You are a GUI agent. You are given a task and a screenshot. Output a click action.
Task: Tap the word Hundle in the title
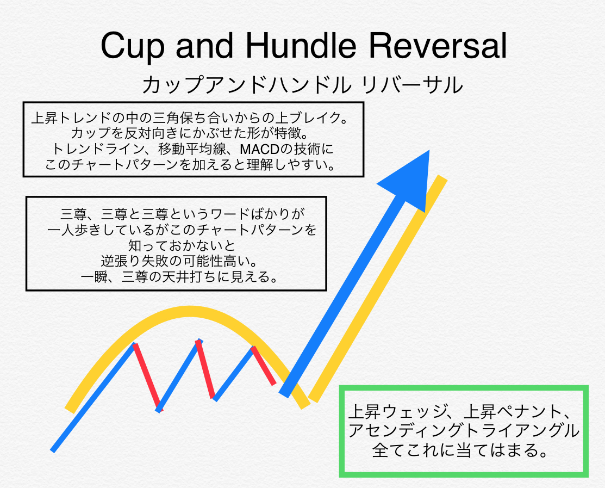[301, 46]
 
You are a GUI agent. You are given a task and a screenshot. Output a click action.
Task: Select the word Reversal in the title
[438, 46]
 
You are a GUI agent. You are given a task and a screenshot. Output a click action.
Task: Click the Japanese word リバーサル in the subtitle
[412, 85]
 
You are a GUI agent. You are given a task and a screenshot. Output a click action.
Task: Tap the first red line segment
[147, 377]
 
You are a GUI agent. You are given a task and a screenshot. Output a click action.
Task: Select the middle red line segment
[205, 369]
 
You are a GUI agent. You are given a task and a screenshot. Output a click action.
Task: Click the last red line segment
[264, 366]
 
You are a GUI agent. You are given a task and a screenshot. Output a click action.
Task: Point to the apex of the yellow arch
[190, 311]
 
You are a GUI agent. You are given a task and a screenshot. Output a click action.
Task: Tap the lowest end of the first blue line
[53, 450]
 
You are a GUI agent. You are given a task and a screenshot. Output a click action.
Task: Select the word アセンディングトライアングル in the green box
[464, 431]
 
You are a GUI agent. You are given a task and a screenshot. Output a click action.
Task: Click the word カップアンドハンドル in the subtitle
[247, 85]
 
